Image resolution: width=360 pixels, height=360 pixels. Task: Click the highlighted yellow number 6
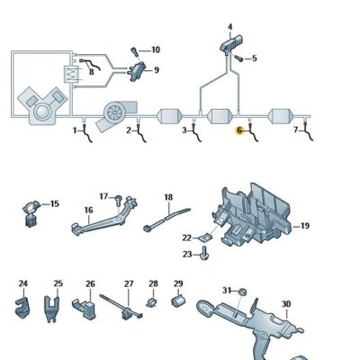coord(239,130)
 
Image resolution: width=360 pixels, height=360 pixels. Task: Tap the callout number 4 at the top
coord(229,27)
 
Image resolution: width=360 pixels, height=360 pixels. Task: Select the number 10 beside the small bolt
coord(156,49)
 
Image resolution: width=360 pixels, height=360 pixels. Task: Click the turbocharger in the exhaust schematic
coord(115,112)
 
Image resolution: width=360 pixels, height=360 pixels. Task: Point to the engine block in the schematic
coord(42,108)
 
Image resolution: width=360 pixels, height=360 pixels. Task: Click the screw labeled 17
coord(116,197)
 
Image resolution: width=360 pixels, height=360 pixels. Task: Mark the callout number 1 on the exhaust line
coord(76,130)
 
